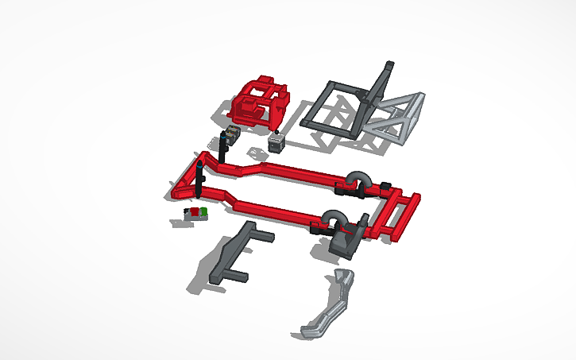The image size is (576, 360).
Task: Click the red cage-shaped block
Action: tap(261, 101)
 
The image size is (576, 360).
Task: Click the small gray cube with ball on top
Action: tap(276, 143)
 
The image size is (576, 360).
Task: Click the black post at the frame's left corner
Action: tap(198, 179)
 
